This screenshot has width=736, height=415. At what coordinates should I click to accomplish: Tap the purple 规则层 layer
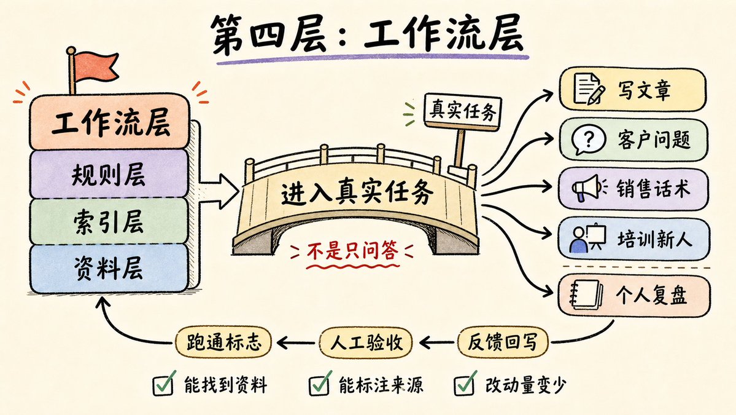point(109,175)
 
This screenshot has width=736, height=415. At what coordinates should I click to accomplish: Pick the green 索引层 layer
point(109,221)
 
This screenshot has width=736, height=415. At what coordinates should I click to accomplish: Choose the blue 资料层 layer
point(109,269)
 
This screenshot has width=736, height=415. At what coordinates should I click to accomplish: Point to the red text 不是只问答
point(352,250)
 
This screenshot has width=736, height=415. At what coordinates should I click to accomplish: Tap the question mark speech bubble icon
point(588,140)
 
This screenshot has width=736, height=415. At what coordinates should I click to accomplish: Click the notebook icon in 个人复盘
point(586,294)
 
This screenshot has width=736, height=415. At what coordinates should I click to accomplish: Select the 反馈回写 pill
point(502,342)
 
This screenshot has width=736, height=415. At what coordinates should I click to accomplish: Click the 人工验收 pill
point(366,342)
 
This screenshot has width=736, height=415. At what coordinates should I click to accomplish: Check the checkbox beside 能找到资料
point(165,384)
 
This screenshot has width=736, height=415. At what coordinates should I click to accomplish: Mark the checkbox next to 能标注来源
point(320,384)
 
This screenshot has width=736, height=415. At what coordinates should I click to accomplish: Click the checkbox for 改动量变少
point(465,384)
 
